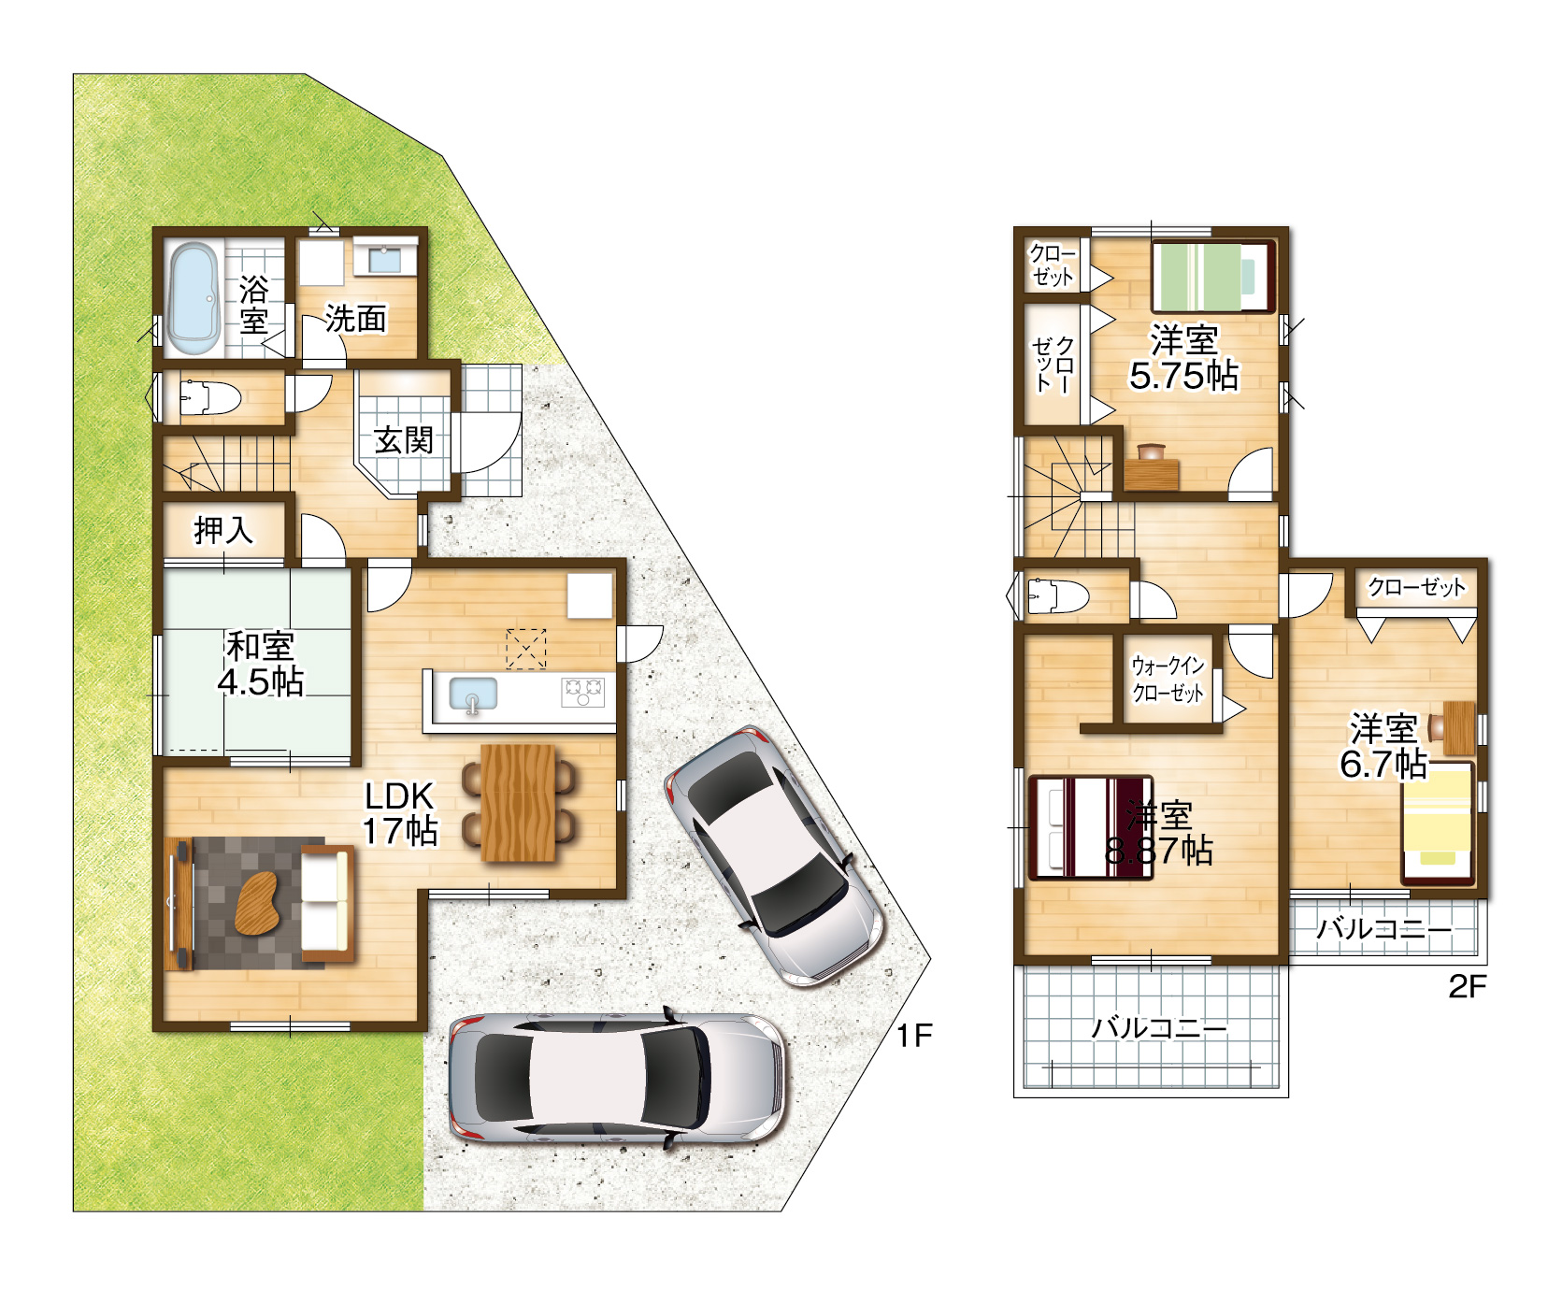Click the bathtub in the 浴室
193,299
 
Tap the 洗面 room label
355,319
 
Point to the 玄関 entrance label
404,439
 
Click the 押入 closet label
223,530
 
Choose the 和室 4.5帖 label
261,664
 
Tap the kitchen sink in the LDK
473,695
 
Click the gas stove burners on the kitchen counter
582,692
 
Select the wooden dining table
519,803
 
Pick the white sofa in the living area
326,904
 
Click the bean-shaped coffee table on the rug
257,902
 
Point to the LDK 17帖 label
400,813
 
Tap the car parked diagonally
773,856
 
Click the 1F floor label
914,1035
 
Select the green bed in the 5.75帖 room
1213,277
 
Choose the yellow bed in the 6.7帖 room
1437,823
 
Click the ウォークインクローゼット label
1168,679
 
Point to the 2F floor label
1467,986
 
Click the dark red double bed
1090,828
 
